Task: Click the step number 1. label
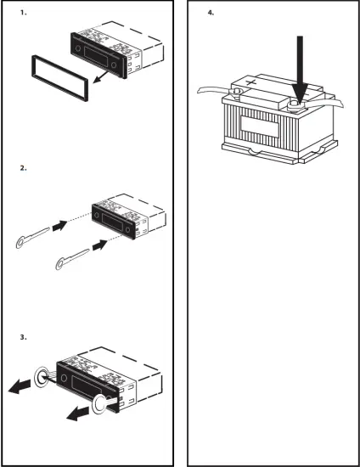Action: click(x=23, y=14)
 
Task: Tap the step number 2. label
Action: click(x=23, y=169)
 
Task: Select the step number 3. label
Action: click(x=23, y=338)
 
